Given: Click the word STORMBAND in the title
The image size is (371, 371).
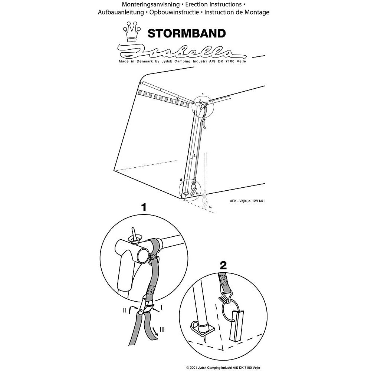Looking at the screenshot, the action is [x=187, y=33].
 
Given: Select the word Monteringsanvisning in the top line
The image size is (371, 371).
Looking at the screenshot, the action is [x=151, y=4].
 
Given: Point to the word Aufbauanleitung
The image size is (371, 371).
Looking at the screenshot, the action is [x=121, y=12].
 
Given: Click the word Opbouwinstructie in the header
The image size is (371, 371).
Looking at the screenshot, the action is [x=174, y=12].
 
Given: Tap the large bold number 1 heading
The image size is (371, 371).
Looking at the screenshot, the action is [x=144, y=207].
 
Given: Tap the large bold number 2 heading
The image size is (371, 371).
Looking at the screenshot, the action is [x=223, y=265].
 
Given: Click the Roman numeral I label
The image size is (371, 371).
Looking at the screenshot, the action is [x=161, y=308].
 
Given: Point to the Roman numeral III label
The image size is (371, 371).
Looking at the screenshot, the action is [x=162, y=329].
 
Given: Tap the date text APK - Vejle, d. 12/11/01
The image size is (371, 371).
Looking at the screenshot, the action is [x=247, y=201].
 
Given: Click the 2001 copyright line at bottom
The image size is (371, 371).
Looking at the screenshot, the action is [x=223, y=368].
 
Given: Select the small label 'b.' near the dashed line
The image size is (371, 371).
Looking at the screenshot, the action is [x=210, y=207].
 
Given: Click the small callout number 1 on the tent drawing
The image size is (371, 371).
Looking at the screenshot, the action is [x=203, y=94].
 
